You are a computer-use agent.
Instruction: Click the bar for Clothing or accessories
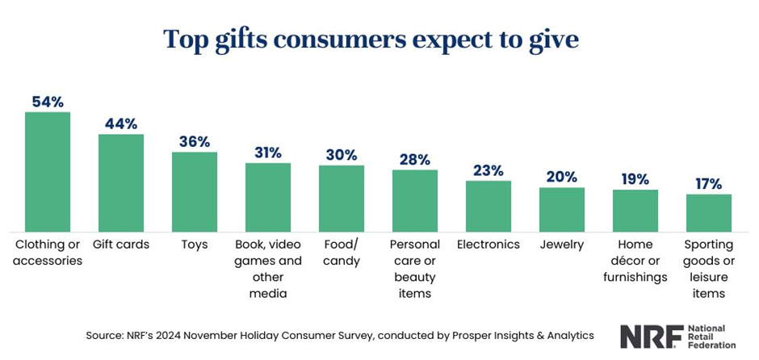point(48,172)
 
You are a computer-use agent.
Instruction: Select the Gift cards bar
point(121,183)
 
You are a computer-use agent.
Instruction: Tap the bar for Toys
point(195,192)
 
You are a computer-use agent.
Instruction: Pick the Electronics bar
point(489,207)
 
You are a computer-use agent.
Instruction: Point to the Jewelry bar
point(562,210)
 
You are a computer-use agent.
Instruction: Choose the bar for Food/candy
point(342,199)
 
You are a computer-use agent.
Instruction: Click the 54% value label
point(48,102)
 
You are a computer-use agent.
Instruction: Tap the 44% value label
point(121,124)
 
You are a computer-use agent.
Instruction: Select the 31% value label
point(268,153)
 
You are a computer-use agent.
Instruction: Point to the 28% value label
point(415,159)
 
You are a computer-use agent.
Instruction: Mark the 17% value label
point(709,184)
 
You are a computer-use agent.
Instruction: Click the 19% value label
point(635,179)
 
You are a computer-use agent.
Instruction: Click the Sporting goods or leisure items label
point(709,269)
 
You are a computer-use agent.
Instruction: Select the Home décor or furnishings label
point(635,261)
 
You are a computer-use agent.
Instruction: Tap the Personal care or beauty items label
point(415,269)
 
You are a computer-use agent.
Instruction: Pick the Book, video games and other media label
point(268,269)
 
